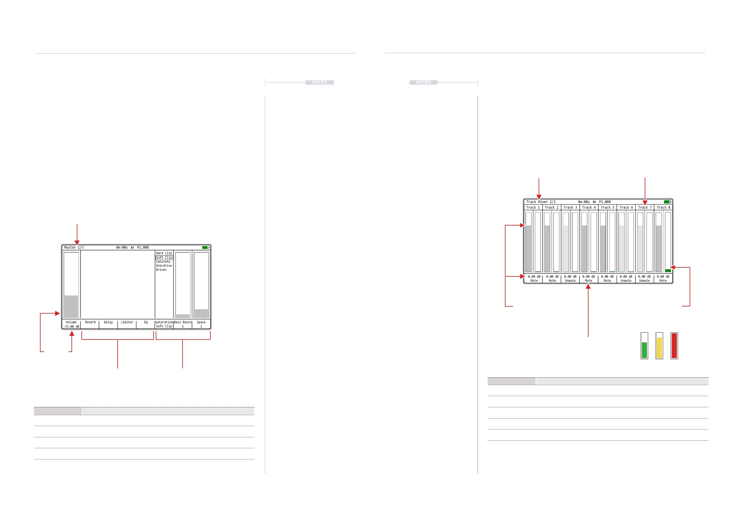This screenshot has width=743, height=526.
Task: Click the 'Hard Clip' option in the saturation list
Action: coord(164,253)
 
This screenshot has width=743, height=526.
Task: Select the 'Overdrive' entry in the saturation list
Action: coord(164,265)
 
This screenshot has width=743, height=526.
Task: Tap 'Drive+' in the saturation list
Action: coord(161,270)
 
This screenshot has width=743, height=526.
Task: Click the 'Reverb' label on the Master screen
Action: coord(90,322)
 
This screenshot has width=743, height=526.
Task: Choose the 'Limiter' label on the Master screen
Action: coord(127,322)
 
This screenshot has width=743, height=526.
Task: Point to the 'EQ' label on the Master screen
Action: coord(146,322)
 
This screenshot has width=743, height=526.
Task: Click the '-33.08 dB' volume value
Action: coord(71,326)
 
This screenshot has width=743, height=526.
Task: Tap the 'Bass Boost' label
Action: coord(183,322)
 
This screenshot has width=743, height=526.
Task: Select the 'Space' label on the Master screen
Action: coord(201,322)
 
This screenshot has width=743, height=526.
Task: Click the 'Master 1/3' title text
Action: coord(74,247)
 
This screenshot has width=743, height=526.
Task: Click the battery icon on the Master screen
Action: coord(205,247)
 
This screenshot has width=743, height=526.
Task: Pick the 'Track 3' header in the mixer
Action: coord(570,207)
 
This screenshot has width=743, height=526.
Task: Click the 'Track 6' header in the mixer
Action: coord(626,207)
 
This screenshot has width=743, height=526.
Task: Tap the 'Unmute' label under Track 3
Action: coord(570,281)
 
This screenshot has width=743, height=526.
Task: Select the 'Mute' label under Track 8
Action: coord(663,281)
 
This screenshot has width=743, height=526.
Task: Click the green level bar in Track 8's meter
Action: coord(668,270)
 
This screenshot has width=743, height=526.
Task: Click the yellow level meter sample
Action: coord(659,348)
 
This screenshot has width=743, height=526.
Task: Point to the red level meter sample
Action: coord(674,345)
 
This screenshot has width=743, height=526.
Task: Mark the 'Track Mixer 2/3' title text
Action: coord(541,202)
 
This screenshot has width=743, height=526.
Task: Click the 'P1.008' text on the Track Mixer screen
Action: coord(605,202)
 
